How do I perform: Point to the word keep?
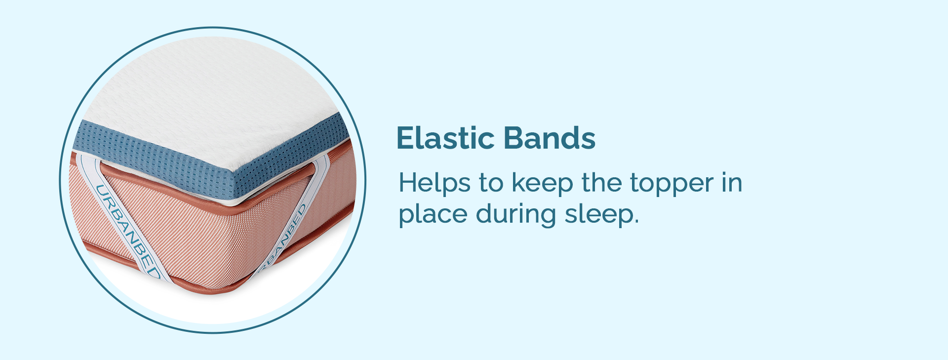point(542,184)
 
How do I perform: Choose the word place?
point(433,215)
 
